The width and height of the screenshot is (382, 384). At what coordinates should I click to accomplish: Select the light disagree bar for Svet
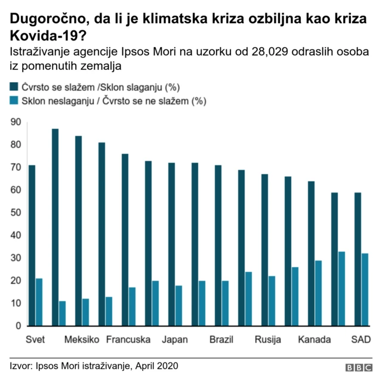[x=39, y=302]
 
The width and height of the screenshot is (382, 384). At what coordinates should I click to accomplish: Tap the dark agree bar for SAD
[x=358, y=259]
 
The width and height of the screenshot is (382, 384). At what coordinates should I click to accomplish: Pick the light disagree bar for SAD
[x=365, y=290]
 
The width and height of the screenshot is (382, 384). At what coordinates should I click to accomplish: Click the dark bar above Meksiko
[x=78, y=231]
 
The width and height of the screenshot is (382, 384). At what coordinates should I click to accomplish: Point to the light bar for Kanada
[x=319, y=293]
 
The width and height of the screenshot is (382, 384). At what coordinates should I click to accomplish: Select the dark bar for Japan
[x=171, y=244]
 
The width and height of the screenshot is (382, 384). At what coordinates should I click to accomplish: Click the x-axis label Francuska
[x=128, y=340]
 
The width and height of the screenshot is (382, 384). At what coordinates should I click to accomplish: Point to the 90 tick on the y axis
[x=16, y=122]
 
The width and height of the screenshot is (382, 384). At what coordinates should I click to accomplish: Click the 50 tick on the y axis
[x=16, y=213]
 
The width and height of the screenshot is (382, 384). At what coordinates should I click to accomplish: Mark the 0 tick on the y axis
[x=19, y=326]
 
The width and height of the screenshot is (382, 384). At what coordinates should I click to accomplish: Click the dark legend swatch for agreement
[x=14, y=87]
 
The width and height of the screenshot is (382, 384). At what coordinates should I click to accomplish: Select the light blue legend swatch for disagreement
[x=14, y=101]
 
